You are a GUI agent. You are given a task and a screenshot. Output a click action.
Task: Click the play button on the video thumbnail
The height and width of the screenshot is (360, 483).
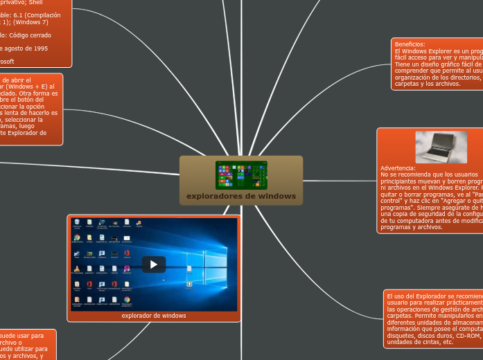154,264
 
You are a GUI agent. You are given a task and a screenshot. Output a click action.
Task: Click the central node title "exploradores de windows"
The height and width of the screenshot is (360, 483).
241,197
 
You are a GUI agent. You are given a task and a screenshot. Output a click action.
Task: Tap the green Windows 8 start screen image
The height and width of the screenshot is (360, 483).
241,174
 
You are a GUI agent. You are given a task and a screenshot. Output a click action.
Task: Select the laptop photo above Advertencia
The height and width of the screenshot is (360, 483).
441,147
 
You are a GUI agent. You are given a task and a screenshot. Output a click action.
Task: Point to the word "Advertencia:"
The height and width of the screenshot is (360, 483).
398,168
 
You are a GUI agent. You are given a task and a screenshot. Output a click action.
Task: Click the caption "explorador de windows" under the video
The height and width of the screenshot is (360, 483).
154,316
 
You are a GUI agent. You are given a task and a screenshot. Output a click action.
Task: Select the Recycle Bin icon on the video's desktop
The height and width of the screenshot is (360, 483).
76,224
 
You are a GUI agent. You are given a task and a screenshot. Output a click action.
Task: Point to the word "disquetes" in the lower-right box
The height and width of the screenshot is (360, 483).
401,336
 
